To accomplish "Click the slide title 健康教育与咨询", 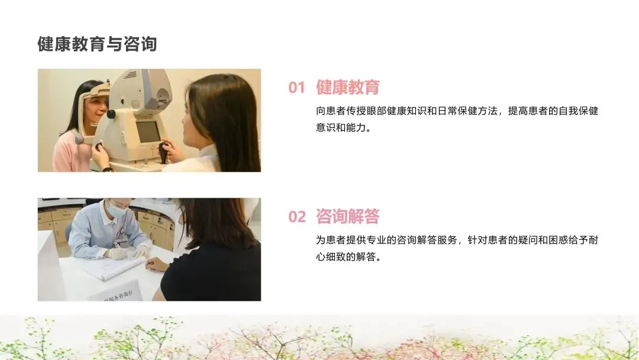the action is coord(97,44).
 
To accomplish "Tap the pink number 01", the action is coord(296,88).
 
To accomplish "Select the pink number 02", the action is coord(296,217).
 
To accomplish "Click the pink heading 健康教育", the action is coord(348,87).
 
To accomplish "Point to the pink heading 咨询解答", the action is coord(348,217).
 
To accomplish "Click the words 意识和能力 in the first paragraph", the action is coord(341,128).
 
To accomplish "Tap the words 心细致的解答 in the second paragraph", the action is coord(346,257).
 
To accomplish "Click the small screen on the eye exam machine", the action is coord(147,131).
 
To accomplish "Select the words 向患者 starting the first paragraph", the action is coord(331,111).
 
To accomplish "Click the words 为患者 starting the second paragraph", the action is coord(331,240).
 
